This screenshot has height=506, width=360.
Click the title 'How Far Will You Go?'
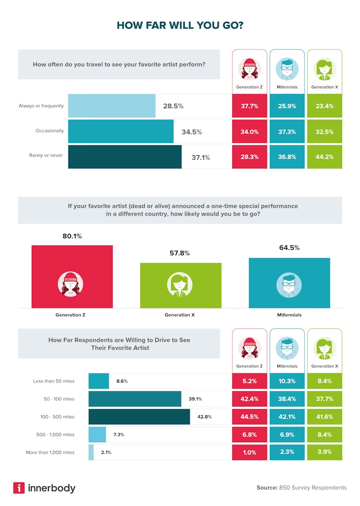(x=180, y=26)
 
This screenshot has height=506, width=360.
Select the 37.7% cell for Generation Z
(x=249, y=106)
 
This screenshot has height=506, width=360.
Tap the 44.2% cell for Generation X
(x=324, y=157)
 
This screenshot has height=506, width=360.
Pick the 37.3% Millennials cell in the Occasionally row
(x=287, y=131)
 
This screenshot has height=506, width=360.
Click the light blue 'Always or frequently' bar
(x=112, y=106)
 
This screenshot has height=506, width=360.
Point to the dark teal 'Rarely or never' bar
(x=125, y=157)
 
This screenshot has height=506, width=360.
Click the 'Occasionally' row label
(x=49, y=131)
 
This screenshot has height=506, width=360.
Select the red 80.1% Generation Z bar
(x=72, y=276)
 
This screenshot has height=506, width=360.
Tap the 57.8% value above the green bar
(x=180, y=253)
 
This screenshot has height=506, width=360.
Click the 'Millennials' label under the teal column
(x=289, y=315)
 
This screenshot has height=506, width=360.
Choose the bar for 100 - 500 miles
(x=139, y=417)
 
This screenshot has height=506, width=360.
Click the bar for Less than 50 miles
(x=98, y=381)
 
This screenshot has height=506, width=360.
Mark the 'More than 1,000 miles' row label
(x=50, y=452)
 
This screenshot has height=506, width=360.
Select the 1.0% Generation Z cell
(x=249, y=452)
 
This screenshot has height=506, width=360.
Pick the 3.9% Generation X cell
(x=324, y=452)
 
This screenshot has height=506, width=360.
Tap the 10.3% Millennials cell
(x=287, y=381)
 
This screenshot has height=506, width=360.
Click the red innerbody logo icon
(x=19, y=488)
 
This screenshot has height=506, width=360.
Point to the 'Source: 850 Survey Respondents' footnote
(x=301, y=488)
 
